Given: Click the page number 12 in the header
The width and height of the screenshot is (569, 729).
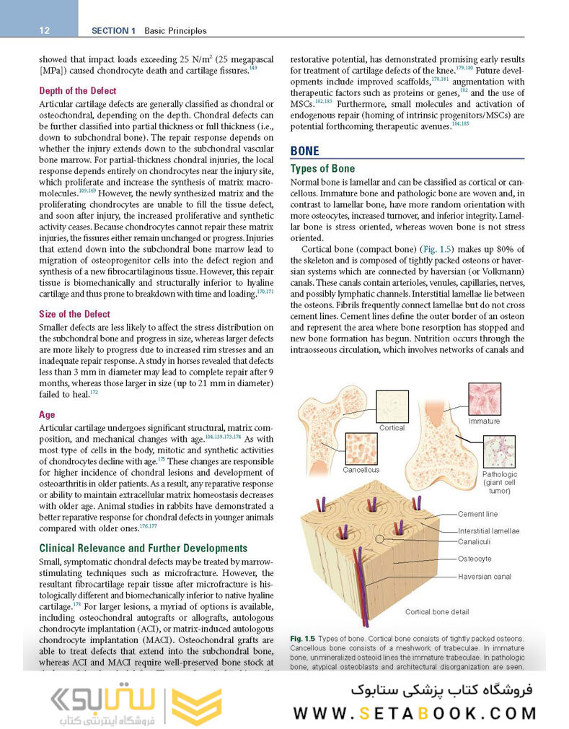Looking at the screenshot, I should pos(43,30).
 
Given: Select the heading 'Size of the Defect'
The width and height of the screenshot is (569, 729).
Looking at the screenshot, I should pos(74,314).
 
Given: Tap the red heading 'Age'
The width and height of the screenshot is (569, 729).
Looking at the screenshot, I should pos(47,415).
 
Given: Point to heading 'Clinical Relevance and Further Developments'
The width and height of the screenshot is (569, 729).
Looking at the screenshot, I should pos(142,549).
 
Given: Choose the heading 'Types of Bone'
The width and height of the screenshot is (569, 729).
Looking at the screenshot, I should pos(322,169).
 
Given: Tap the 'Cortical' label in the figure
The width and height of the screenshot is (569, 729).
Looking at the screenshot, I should pos(392,428).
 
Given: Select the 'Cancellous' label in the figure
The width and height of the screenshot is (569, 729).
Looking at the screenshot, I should pos(361,470).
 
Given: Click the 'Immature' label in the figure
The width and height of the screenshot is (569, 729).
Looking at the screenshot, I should pos(484,421).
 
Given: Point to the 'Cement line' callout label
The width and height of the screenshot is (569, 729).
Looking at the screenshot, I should pos(477,514).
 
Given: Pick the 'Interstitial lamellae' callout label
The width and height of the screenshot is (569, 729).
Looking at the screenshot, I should pos(488,531).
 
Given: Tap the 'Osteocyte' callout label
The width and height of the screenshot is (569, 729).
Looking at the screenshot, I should pos(475,559).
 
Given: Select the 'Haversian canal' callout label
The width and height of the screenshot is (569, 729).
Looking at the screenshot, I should pos(484,576).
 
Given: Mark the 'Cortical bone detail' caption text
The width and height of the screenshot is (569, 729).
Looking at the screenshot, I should pos(437,612).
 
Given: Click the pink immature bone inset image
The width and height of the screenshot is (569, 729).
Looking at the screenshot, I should pos(484,398).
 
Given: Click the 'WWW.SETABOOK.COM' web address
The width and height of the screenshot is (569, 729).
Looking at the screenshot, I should pos(415,712).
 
